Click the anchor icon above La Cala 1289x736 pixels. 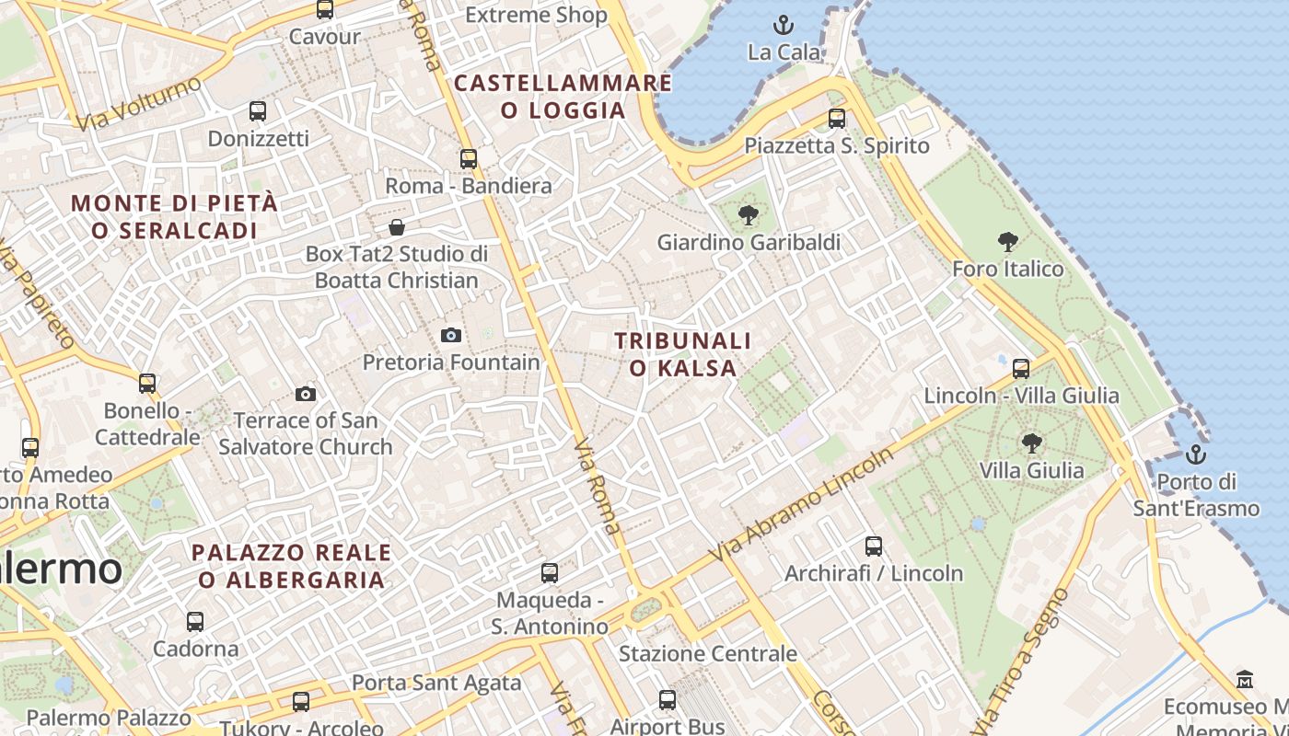[784, 25]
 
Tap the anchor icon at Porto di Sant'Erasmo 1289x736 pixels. [1195, 454]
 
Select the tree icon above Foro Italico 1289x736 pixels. [1008, 242]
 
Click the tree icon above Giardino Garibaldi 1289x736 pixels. [748, 215]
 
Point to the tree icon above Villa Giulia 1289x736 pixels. [1031, 443]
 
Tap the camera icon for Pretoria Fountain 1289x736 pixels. [450, 335]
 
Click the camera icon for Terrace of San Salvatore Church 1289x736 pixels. [306, 394]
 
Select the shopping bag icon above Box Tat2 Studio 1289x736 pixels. [397, 226]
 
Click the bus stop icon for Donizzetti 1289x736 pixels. [258, 111]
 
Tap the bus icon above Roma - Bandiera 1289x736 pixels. [469, 158]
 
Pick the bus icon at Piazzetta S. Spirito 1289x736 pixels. [836, 118]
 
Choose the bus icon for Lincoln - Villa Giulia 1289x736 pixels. [1021, 368]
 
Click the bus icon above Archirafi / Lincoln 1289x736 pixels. [874, 546]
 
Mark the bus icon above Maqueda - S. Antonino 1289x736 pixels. [550, 572]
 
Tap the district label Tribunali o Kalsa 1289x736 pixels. [683, 354]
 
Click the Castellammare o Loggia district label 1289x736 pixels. [563, 97]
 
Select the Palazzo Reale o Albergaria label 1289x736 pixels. [292, 566]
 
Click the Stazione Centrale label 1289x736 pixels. [707, 654]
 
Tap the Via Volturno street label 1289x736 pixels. [139, 103]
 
